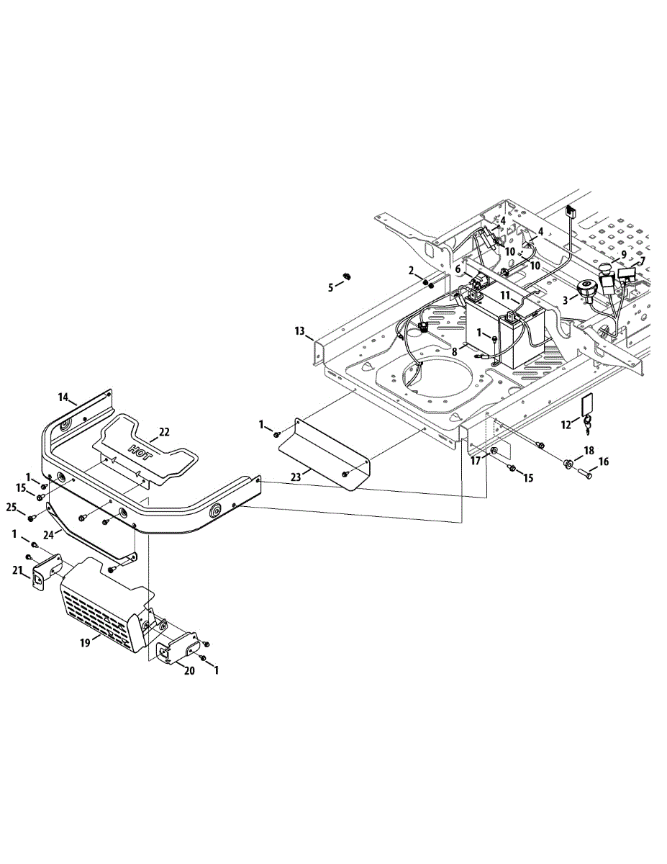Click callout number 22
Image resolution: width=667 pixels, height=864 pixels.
coord(164,432)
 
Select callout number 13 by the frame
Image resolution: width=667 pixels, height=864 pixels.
coord(299,330)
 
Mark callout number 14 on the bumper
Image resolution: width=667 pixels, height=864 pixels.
coord(63,397)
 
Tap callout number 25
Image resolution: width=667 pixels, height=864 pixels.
coord(11,508)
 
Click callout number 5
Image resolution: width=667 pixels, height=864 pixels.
coord(331,287)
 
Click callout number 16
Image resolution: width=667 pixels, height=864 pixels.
coord(604,462)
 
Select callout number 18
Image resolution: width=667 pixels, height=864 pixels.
coord(589,450)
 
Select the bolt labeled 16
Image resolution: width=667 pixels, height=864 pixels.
coord(584,473)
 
